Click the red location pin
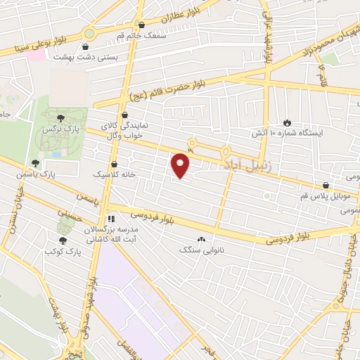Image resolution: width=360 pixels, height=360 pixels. tap(181, 165)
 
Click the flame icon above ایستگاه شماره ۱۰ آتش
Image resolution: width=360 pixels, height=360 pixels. tap(286, 122)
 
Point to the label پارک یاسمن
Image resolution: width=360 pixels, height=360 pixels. tap(56, 173)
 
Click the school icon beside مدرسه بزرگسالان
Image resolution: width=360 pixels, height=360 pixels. tap(111, 219)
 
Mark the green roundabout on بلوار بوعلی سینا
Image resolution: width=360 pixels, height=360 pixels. tap(89, 32)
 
